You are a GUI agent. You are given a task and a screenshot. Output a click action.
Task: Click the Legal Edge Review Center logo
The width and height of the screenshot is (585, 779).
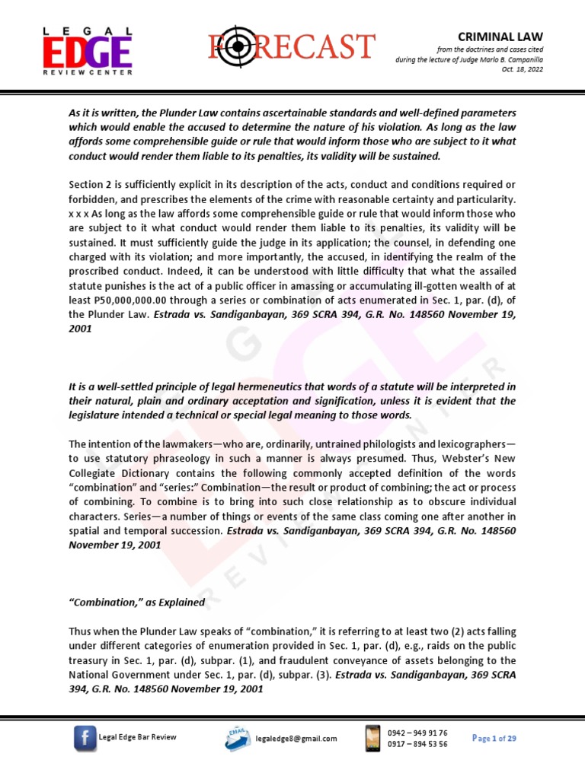click(x=86, y=50)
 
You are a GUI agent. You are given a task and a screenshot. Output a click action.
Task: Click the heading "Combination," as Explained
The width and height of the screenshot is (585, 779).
click(x=137, y=603)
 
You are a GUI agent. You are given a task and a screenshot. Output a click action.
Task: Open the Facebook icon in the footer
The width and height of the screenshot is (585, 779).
click(x=85, y=738)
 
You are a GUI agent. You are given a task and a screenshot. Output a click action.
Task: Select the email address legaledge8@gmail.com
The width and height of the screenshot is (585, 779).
click(x=296, y=739)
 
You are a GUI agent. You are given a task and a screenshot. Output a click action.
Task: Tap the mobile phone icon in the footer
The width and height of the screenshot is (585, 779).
click(x=373, y=737)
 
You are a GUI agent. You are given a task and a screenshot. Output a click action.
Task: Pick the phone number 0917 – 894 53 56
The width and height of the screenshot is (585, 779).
click(x=417, y=744)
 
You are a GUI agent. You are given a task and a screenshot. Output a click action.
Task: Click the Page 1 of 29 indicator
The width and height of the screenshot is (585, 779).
click(x=494, y=738)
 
